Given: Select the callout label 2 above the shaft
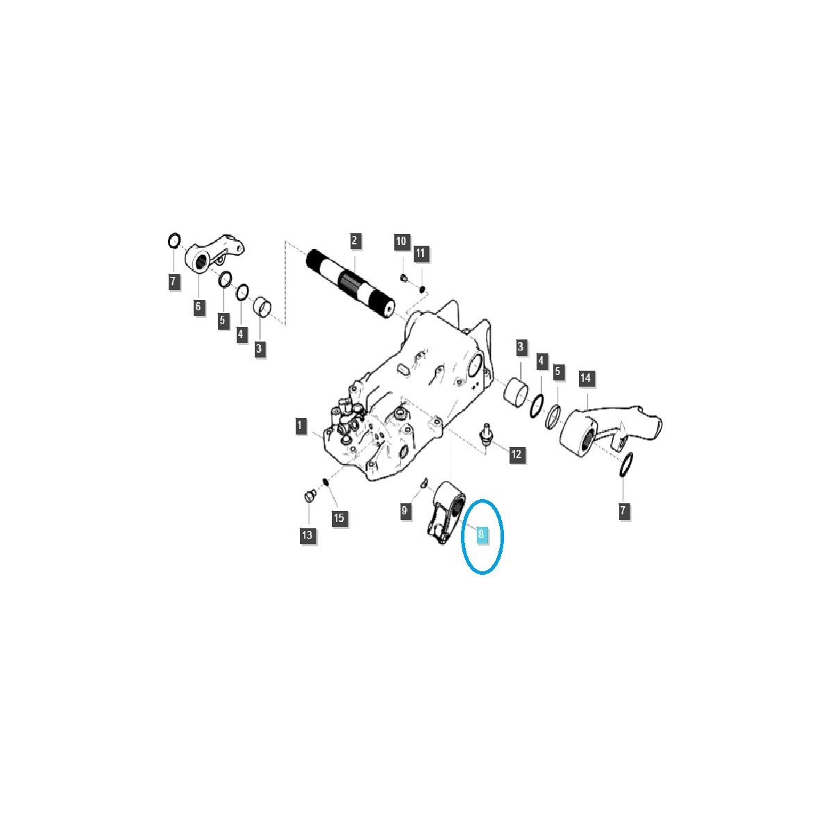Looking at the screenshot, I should pos(355,241).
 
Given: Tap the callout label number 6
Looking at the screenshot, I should pos(199,307).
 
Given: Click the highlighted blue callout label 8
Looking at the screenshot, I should pos(480,534).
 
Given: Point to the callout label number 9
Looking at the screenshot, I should pos(404,512).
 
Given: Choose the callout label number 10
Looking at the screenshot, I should pos(401,242).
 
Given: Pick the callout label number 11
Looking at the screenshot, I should pos(420,253).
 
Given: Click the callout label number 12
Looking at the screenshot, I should pos(516,455).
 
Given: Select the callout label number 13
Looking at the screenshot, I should pos(308,535).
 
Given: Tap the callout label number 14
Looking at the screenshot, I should pos(586,378).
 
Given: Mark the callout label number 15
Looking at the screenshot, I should pos(339,518).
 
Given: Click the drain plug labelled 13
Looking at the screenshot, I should pos(310,496).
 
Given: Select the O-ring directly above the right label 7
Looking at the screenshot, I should pos(625,466).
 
